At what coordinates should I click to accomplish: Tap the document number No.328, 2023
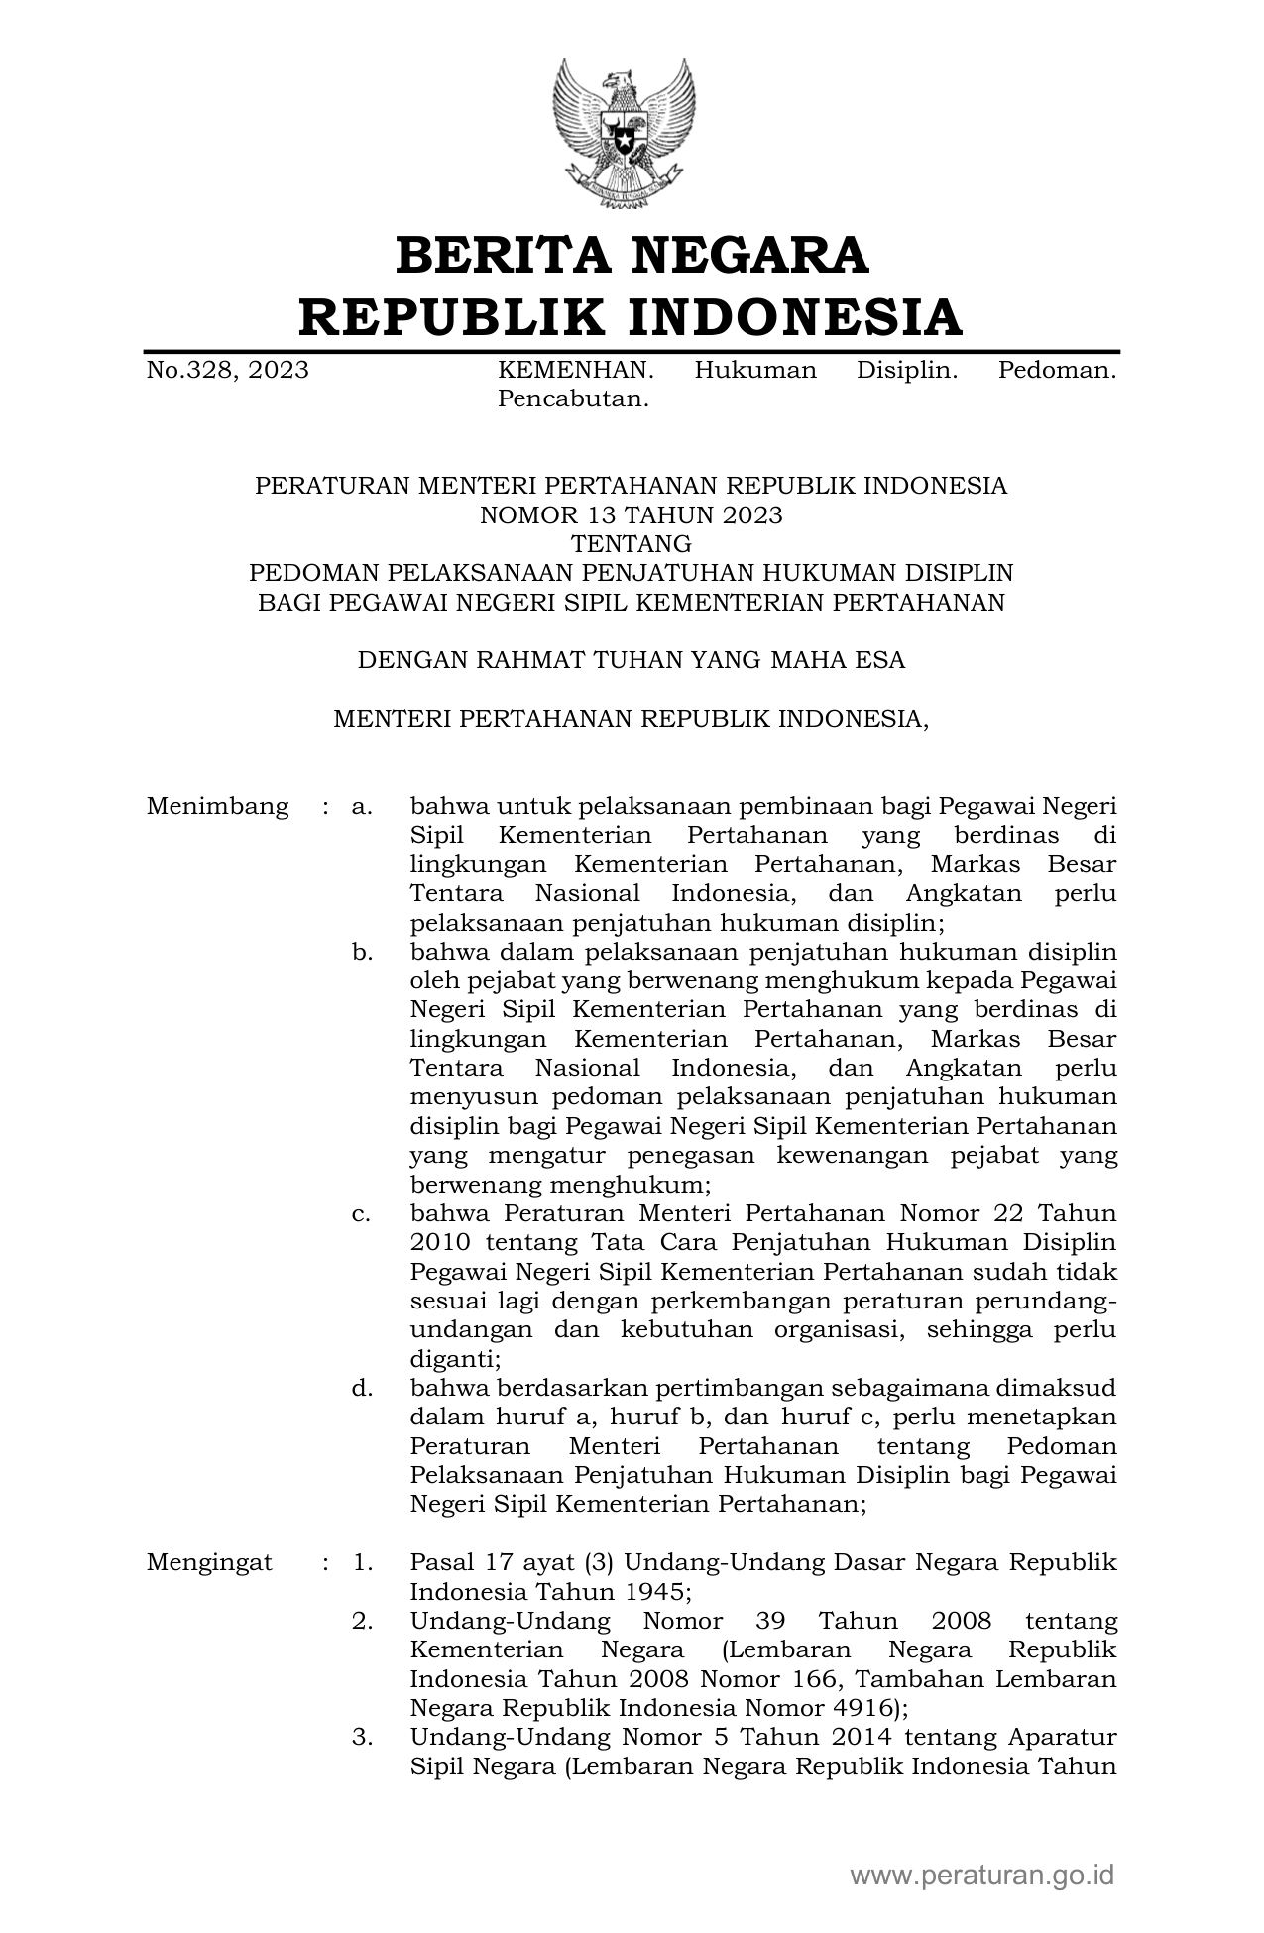click(x=227, y=371)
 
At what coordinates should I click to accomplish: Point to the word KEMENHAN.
click(x=575, y=371)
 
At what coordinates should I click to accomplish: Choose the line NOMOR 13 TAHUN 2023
click(x=631, y=515)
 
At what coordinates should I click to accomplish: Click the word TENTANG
click(x=631, y=544)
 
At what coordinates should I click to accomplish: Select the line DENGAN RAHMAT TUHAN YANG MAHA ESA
click(x=631, y=660)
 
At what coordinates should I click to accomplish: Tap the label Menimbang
click(x=217, y=807)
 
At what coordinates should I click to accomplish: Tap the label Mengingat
click(x=209, y=1563)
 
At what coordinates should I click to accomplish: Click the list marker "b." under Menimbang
click(x=362, y=953)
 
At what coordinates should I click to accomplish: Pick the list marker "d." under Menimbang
click(x=362, y=1388)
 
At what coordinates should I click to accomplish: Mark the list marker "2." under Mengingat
click(x=362, y=1622)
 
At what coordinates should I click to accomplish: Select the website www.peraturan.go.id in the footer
click(x=982, y=1876)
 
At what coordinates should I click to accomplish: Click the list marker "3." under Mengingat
click(x=362, y=1738)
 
